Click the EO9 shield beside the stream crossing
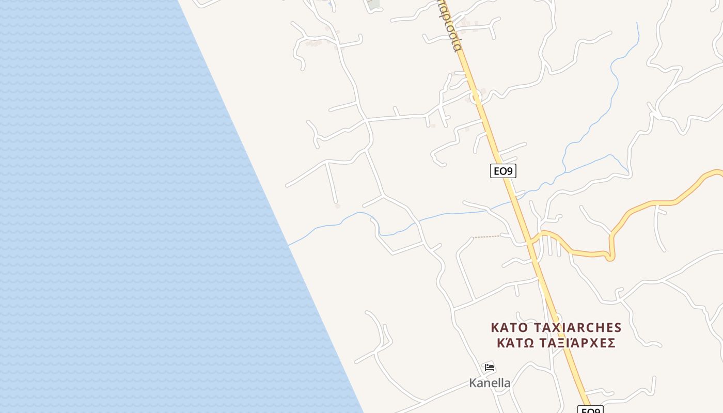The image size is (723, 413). (x=503, y=171)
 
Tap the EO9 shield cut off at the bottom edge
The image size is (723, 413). (x=591, y=410)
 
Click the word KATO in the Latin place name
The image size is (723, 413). (x=509, y=328)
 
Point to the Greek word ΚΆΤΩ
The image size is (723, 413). (x=513, y=343)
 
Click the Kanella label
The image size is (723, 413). (x=490, y=383)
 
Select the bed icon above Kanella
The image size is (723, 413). (x=490, y=368)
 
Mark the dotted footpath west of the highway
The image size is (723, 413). (x=488, y=237)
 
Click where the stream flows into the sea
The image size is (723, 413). (x=288, y=245)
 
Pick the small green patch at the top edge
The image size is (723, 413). (x=373, y=4)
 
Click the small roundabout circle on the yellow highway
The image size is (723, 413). (x=474, y=96)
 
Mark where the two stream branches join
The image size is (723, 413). (x=564, y=170)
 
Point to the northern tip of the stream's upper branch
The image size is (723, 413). (x=637, y=23)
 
